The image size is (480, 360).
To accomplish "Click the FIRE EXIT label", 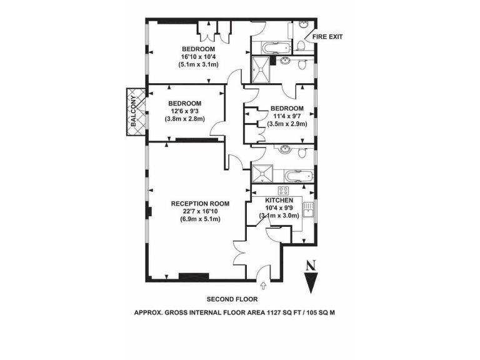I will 327,37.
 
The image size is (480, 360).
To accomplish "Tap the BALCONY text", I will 132,110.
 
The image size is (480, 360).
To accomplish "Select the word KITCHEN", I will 278,200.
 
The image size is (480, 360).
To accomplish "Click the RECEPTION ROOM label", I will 200,204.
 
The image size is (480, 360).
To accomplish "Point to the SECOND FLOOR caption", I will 232,299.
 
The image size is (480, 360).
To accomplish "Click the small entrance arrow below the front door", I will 262,286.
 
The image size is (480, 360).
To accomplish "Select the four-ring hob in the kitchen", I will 282,191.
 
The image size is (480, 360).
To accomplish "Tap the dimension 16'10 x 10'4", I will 199,57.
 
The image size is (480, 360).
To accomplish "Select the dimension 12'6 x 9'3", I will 184,111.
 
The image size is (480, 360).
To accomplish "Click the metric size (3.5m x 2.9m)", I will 287,124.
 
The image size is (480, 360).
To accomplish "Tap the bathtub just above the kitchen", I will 294,175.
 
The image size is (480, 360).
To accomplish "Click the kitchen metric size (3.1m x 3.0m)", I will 279,216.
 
